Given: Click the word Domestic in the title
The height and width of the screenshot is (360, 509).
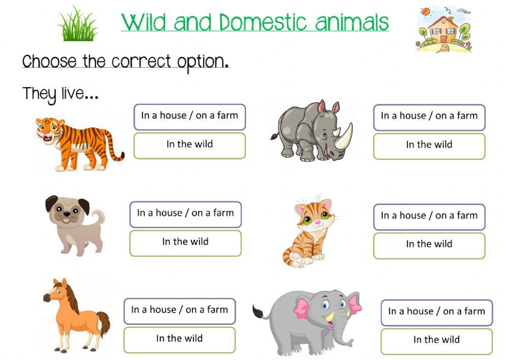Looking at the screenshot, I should (x=264, y=22).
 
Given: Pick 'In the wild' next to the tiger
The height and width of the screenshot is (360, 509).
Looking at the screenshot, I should (x=189, y=145).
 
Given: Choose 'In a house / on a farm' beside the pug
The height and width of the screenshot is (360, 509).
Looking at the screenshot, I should (x=185, y=213).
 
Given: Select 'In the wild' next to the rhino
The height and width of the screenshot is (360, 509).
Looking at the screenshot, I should (x=429, y=145).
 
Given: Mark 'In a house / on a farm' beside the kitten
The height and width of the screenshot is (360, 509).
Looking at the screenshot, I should (x=429, y=216).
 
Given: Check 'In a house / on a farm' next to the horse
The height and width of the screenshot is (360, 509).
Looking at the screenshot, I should (x=179, y=310).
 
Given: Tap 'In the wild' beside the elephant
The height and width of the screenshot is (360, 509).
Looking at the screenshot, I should (x=436, y=340).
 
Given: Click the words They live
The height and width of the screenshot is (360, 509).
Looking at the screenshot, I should (x=60, y=94).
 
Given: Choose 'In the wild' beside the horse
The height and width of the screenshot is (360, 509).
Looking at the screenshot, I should (x=179, y=339).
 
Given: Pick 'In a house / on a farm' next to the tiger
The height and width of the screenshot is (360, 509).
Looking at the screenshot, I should (x=189, y=116).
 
